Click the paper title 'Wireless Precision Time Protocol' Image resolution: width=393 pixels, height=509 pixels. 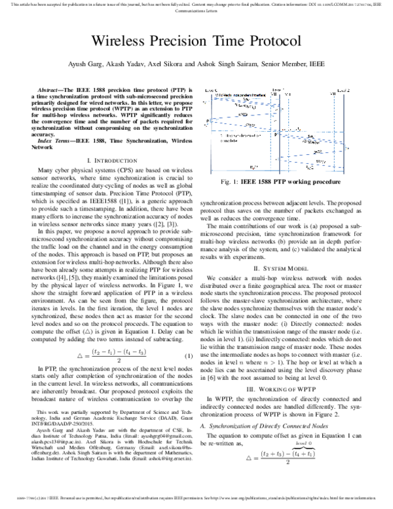point(196,40)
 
